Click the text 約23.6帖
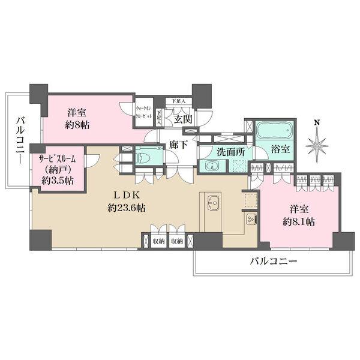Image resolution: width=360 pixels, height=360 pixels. [x=127, y=208]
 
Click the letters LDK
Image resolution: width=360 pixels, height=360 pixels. [x=127, y=194]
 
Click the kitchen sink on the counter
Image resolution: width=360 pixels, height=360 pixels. [x=212, y=203]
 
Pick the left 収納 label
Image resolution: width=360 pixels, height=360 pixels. [x=158, y=241]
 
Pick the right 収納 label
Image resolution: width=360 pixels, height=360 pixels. [x=177, y=241]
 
